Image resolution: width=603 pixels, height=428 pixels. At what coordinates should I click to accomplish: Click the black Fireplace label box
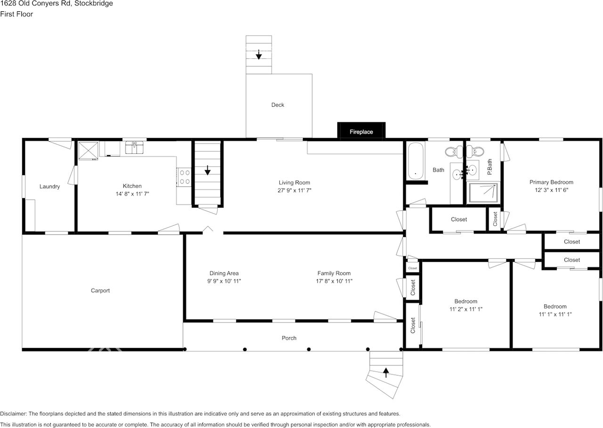click(x=361, y=131)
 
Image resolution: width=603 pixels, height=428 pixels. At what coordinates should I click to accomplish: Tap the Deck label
click(x=277, y=105)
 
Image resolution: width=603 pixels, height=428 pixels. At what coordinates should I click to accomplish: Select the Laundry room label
click(x=49, y=187)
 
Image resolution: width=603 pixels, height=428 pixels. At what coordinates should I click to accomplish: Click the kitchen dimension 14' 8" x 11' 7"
click(x=132, y=194)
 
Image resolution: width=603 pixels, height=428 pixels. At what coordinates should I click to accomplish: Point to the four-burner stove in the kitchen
click(x=184, y=177)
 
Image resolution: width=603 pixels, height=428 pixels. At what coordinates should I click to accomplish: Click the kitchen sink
click(x=134, y=147)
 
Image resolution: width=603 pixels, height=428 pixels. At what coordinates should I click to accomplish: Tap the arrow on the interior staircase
click(x=208, y=170)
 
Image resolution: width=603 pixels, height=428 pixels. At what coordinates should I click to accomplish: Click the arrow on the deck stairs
click(x=259, y=55)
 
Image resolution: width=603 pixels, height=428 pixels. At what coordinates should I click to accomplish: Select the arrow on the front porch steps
click(x=386, y=373)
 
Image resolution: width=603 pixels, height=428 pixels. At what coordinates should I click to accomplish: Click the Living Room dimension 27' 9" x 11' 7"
click(x=294, y=190)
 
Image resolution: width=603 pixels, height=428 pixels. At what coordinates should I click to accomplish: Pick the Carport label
click(x=100, y=291)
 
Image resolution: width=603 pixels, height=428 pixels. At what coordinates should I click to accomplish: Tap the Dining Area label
click(x=224, y=273)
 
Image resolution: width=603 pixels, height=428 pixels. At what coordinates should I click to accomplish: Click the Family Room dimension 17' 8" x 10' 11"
click(x=334, y=281)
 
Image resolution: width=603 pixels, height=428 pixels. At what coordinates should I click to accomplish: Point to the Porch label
click(x=289, y=338)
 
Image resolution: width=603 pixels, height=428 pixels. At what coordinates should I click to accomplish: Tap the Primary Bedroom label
click(x=551, y=182)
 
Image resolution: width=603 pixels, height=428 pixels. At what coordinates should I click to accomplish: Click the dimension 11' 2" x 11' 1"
click(x=465, y=309)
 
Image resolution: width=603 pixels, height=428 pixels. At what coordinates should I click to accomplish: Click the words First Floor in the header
click(x=16, y=14)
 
